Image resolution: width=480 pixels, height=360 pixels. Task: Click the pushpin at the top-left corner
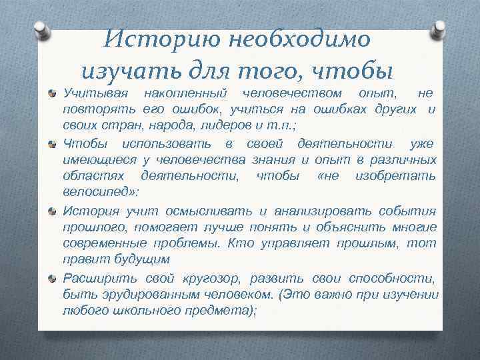coord(41,29)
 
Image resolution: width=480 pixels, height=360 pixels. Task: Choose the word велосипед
coord(95,192)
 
